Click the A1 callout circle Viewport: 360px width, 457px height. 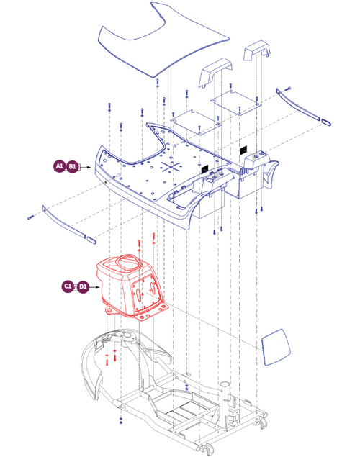click(59, 167)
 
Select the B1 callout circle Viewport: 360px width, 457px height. click(73, 167)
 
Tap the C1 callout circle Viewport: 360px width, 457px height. click(68, 286)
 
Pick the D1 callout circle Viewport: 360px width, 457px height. click(83, 286)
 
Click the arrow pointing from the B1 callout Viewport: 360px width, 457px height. click(86, 167)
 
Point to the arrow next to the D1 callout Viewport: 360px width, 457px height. click(94, 286)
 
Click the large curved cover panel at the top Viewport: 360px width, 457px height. click(161, 40)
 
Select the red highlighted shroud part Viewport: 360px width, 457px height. click(130, 284)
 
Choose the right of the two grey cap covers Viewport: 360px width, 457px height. click(257, 57)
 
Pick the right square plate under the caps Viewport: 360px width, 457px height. click(238, 104)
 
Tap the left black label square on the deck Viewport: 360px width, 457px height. click(205, 168)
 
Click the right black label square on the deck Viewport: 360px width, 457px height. click(244, 150)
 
